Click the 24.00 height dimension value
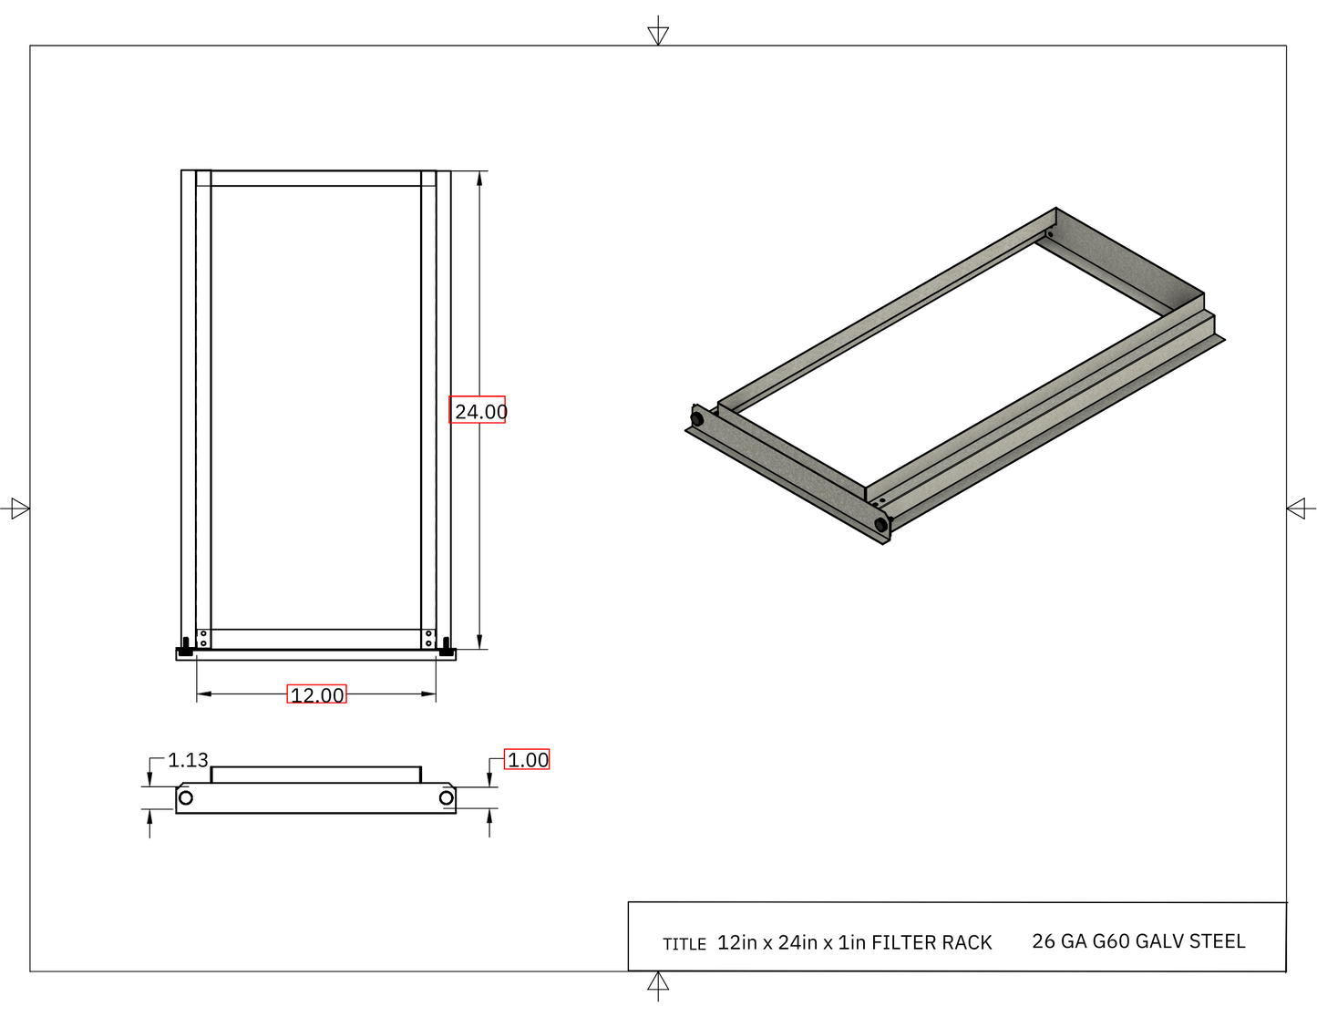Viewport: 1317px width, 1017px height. [480, 412]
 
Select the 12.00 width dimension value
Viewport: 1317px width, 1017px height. [317, 694]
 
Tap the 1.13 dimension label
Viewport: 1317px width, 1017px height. [188, 760]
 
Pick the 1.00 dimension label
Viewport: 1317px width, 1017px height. [528, 760]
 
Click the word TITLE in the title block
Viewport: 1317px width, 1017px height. [684, 944]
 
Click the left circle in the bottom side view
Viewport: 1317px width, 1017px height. [186, 797]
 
